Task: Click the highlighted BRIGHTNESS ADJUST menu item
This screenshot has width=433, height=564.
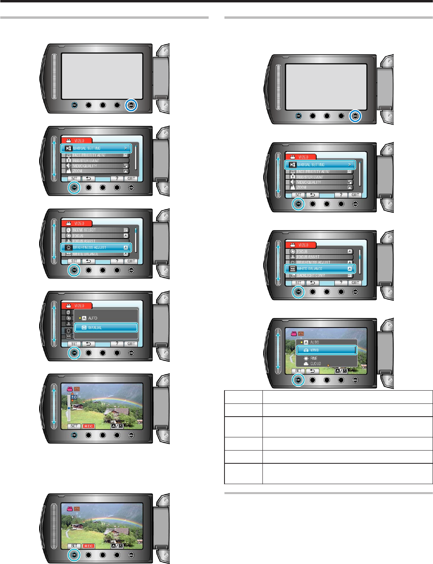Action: coord(96,248)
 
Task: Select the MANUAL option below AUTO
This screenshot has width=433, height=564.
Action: coord(106,328)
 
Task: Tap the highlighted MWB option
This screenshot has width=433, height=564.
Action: coord(326,350)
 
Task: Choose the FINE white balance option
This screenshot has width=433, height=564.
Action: coord(314,358)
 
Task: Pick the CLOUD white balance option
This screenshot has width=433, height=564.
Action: coord(316,363)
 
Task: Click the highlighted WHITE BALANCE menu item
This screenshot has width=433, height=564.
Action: coord(320,269)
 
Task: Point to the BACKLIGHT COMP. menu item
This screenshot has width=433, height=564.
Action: coord(320,276)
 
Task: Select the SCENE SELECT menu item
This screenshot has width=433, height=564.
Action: coord(96,230)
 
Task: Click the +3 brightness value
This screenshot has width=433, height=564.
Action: coord(74,517)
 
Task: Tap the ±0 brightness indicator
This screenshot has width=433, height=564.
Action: coord(74,397)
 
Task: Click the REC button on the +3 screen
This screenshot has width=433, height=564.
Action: coord(88,546)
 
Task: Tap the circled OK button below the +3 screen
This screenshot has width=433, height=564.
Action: coord(74,555)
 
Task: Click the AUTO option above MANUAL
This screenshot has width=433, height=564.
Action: coord(93,318)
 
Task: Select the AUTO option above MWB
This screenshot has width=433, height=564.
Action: coord(314,342)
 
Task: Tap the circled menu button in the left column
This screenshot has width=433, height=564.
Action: coord(131,105)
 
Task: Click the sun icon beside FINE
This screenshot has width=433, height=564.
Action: coord(306,358)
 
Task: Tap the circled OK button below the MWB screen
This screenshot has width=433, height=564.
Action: coord(298,379)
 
